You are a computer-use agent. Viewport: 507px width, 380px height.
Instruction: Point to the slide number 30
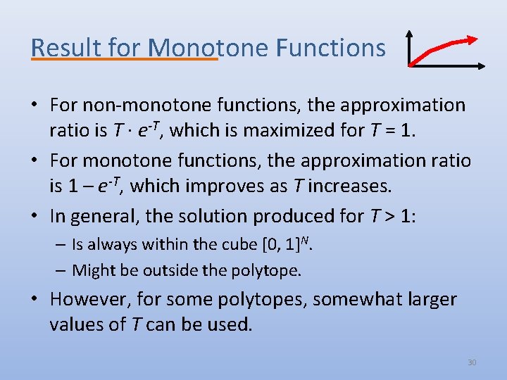[x=472, y=362]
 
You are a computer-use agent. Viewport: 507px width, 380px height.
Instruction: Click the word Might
[x=92, y=270]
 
